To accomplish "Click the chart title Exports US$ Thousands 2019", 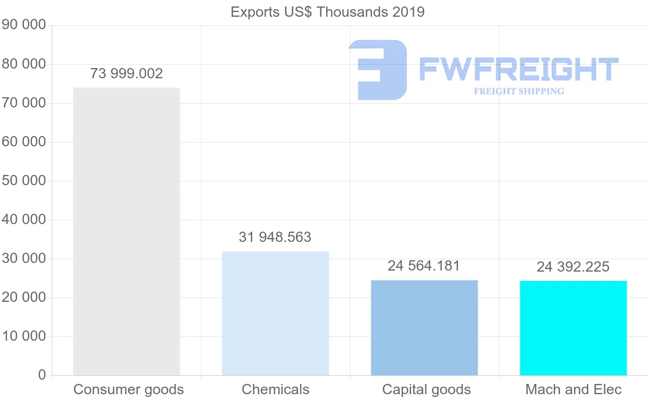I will tap(327, 12).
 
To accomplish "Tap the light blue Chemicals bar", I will tap(275, 313).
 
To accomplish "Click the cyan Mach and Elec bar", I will tap(573, 328).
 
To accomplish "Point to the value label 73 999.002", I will tap(126, 73).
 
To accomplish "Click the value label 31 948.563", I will tap(275, 237).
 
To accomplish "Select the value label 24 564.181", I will tap(424, 266).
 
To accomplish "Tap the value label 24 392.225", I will tap(573, 267).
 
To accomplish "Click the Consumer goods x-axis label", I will tap(129, 389).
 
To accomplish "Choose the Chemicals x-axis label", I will tap(275, 389).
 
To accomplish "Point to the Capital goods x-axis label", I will tap(426, 389).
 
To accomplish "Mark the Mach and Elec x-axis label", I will tap(573, 389).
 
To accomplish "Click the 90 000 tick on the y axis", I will tap(24, 25).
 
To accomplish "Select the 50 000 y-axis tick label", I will tap(24, 181).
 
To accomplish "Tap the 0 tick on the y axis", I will tap(42, 375).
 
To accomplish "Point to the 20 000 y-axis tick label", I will tap(24, 298).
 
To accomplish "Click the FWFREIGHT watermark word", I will tap(518, 69).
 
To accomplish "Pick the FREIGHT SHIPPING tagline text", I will tap(519, 91).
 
